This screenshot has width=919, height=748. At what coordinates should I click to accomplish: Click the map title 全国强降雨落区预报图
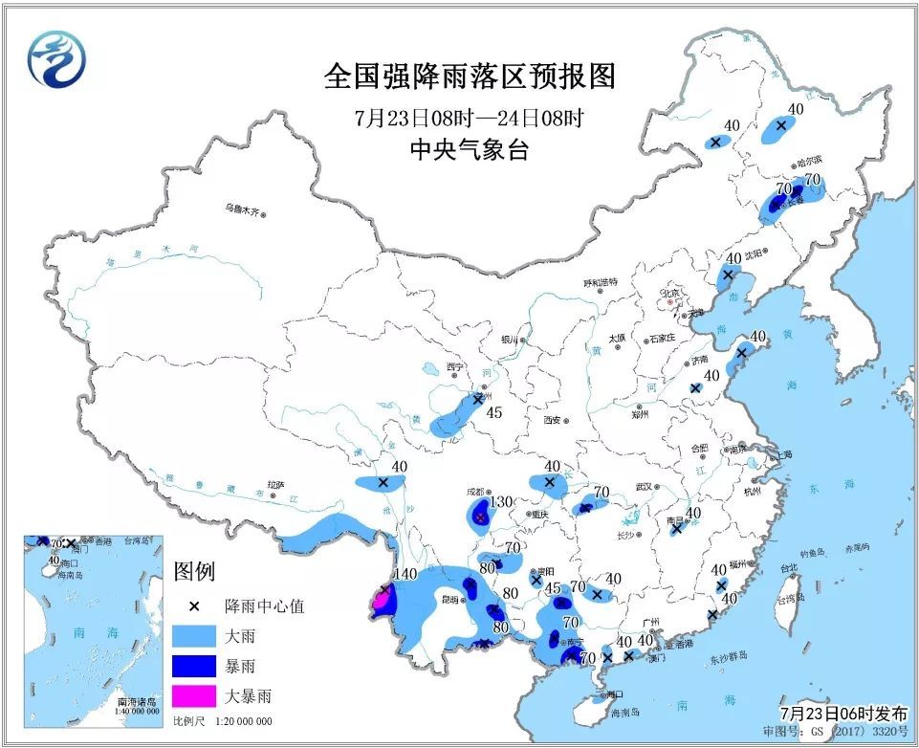click(470, 77)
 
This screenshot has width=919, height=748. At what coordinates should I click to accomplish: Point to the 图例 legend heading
click(195, 571)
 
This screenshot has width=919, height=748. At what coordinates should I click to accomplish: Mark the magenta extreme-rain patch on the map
click(382, 602)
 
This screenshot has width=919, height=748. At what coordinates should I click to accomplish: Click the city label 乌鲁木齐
click(242, 208)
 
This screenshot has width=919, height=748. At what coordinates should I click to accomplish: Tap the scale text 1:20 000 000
click(236, 721)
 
